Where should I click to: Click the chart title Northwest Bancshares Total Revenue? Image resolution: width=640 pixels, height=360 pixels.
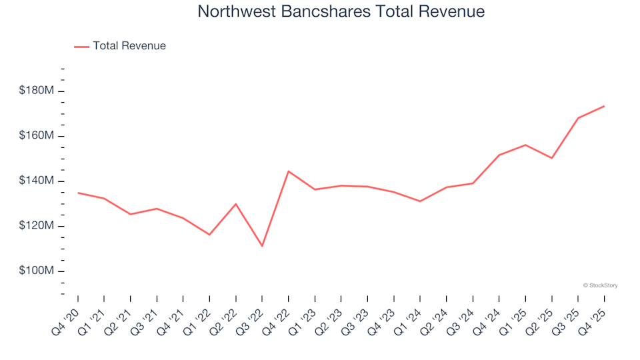tap(341, 12)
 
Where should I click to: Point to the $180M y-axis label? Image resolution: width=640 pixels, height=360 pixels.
tap(37, 91)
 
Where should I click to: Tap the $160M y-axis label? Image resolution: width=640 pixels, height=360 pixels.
tap(37, 136)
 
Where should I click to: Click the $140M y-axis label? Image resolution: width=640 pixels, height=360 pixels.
tap(37, 181)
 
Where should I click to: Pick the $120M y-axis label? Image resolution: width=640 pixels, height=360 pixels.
tap(37, 226)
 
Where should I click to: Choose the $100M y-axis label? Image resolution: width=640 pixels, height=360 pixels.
tap(37, 271)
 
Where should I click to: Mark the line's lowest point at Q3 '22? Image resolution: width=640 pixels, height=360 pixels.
tap(262, 246)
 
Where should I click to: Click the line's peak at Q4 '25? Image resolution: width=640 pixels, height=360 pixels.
tap(604, 106)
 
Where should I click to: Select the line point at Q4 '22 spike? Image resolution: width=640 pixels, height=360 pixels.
tap(288, 171)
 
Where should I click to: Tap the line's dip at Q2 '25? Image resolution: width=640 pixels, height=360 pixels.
tap(552, 158)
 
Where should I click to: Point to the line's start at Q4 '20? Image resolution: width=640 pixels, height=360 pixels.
tap(78, 193)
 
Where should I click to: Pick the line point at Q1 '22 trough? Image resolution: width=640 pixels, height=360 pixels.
tap(209, 235)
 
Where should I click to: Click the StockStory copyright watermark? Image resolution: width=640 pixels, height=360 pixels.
tap(600, 285)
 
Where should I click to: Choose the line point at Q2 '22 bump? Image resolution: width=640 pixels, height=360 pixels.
tap(236, 204)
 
